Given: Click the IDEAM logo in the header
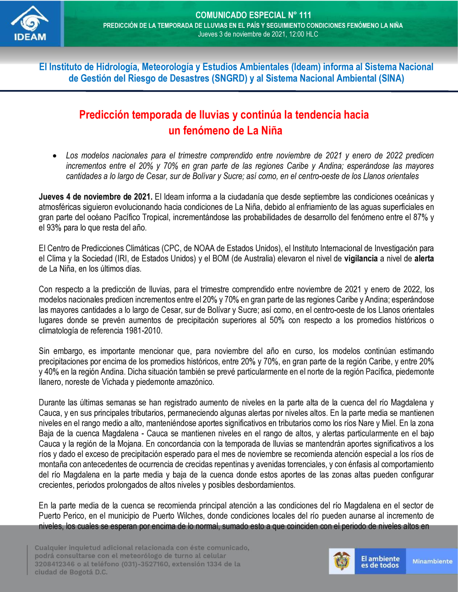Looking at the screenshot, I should (30, 24).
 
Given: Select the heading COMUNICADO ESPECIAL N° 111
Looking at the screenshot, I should (253, 15).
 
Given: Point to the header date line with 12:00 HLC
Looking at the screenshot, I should (258, 34).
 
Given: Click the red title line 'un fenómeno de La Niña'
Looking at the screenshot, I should (225, 131).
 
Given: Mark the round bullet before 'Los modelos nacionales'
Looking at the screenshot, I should (55, 156).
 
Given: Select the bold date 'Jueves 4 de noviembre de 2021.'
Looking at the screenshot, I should (95, 197).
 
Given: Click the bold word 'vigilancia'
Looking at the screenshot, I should (361, 259).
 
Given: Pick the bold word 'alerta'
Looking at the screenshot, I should (424, 259).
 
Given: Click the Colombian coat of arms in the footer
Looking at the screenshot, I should (342, 561).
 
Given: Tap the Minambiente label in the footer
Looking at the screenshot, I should (432, 561).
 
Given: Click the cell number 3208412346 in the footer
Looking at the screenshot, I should (55, 564).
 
